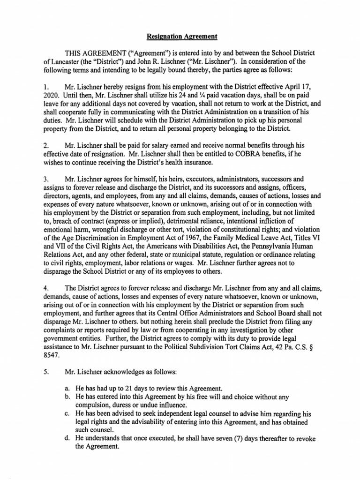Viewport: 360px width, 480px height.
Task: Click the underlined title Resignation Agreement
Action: point(180,36)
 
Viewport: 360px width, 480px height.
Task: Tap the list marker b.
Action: point(68,397)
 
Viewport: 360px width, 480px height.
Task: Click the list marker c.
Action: point(68,413)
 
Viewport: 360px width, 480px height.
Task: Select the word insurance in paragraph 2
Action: point(197,162)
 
